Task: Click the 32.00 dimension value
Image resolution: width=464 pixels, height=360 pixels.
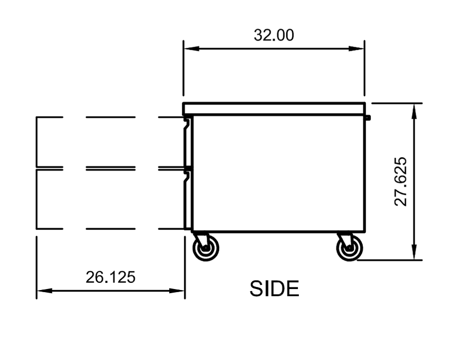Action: (x=274, y=35)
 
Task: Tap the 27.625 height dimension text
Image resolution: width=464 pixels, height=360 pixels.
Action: (x=401, y=182)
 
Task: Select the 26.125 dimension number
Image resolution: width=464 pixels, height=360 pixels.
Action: (x=111, y=277)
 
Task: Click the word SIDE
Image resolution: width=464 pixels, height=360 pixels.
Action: (x=274, y=289)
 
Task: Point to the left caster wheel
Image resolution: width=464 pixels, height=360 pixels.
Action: (x=206, y=248)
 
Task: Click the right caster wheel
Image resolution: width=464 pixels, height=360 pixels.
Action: (x=349, y=248)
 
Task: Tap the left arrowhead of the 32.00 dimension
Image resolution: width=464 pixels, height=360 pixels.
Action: (x=191, y=48)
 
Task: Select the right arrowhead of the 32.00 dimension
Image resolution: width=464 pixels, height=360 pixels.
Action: (x=356, y=48)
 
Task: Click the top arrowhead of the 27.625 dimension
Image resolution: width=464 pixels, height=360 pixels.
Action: (x=414, y=111)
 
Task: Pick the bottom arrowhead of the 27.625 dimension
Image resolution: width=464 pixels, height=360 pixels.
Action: (x=414, y=253)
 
